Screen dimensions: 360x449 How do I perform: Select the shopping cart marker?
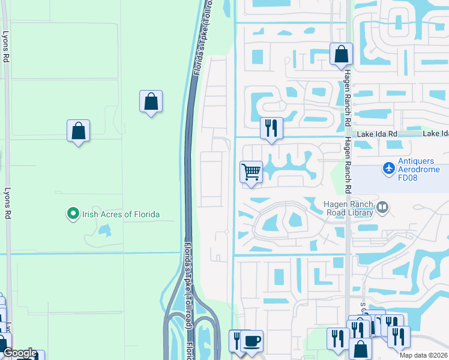tap(252, 172)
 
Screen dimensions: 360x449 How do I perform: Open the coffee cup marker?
tap(252, 341)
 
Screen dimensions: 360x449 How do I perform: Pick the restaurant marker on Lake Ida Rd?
tap(271, 127)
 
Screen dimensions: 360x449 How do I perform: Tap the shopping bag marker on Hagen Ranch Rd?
tap(341, 54)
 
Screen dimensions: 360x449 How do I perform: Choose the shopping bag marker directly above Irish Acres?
tap(78, 130)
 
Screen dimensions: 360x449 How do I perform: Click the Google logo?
tap(20, 353)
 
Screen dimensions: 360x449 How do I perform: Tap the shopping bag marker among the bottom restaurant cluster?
tap(360, 349)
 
